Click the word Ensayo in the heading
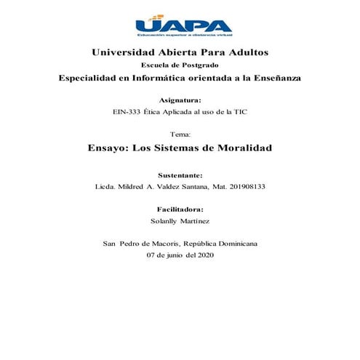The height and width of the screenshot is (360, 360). click(x=111, y=148)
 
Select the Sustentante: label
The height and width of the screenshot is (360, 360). click(x=180, y=175)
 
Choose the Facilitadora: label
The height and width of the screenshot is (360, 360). click(x=180, y=209)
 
